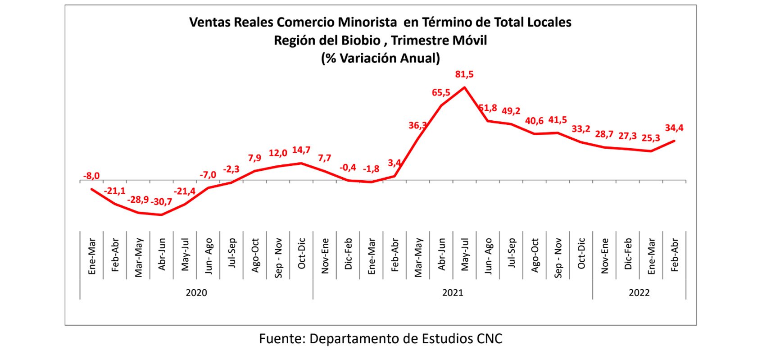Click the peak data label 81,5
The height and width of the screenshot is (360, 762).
pos(464,74)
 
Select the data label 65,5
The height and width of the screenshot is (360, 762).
pos(441,93)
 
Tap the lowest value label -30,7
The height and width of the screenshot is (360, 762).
pos(161,202)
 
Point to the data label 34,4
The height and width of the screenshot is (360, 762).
pos(674,128)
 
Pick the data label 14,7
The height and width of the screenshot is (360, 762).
pos(301,150)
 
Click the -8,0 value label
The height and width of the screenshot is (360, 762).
pos(91,176)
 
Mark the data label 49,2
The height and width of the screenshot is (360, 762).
pos(511,111)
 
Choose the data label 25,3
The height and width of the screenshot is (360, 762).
pos(650,138)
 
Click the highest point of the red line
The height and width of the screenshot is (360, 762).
pos(464,87)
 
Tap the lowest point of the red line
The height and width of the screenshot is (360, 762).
pos(161,215)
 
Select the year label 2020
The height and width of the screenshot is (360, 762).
pos(196,293)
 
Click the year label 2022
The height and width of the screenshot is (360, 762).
pos(639,293)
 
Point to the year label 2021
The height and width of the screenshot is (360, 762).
pos(453,293)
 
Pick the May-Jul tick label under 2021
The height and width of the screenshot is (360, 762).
pos(465,255)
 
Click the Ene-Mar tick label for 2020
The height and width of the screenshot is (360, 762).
pos(92,256)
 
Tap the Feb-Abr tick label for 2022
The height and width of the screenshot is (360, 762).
pos(674,255)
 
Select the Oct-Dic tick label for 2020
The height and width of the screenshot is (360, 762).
pos(302,254)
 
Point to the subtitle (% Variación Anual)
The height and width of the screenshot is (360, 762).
pos(380,58)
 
